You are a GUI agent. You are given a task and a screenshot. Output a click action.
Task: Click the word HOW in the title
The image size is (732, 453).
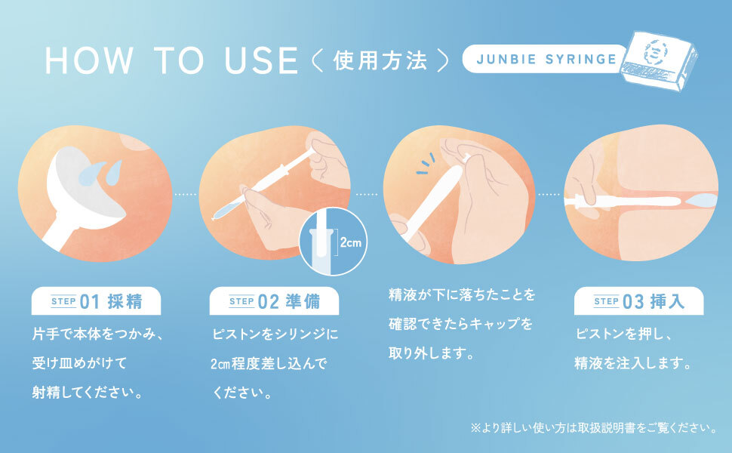tap(89, 60)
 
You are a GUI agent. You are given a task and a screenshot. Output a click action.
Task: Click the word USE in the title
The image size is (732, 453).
tap(261, 60)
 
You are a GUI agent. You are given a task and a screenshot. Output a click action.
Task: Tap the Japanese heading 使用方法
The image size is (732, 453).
tap(380, 60)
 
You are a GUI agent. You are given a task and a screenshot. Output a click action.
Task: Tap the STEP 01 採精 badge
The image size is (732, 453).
tap(96, 300)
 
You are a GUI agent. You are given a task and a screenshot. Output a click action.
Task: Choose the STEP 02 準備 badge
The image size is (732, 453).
tap(274, 300)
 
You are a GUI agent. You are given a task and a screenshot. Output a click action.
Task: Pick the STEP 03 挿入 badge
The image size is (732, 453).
tap(638, 300)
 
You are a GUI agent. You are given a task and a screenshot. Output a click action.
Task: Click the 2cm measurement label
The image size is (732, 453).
tap(351, 242)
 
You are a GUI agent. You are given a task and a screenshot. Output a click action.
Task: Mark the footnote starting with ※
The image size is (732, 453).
tap(593, 427)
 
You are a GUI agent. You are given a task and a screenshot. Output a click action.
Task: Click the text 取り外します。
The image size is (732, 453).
tap(432, 353)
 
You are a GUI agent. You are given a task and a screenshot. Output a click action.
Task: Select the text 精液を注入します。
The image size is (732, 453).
tap(633, 363)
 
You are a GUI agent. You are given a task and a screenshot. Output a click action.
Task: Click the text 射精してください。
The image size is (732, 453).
tap(88, 393)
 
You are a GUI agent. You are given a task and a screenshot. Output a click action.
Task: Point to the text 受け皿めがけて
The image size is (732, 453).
tap(79, 363)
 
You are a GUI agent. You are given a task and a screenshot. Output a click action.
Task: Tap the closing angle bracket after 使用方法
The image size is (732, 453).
tap(443, 60)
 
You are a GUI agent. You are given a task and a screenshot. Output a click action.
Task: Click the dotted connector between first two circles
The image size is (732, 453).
tap(186, 194)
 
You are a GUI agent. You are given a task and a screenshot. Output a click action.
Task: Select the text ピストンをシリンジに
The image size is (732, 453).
tap(275, 334)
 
